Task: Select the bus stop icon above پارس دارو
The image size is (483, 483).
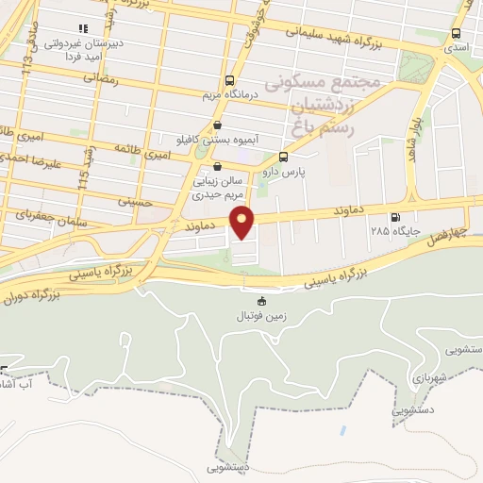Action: pos(284,157)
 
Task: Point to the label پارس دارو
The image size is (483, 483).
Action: pos(285,172)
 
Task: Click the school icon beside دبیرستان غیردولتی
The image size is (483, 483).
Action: pos(85,29)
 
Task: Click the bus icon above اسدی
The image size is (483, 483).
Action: pos(458,34)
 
